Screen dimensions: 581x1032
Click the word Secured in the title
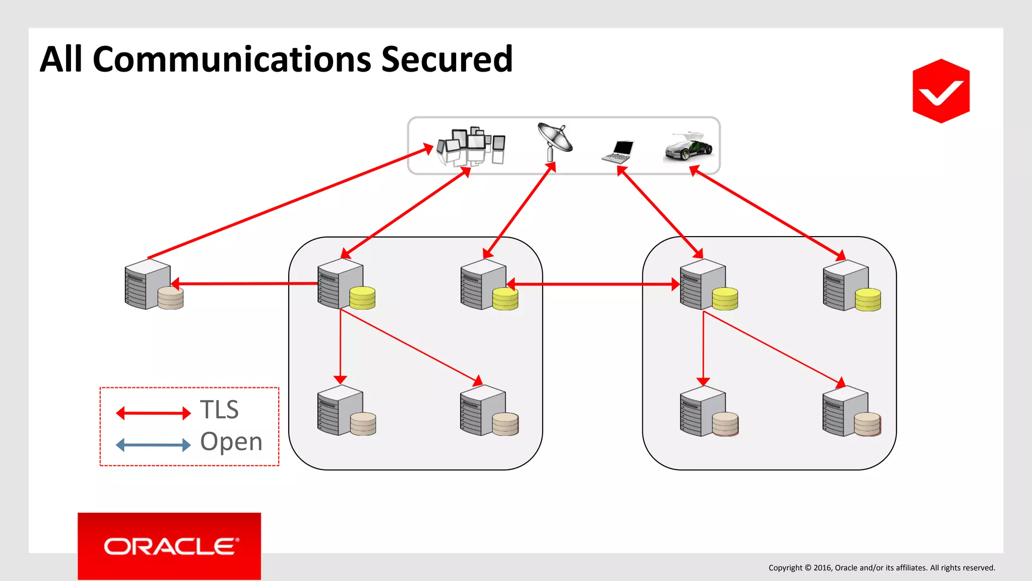[x=446, y=60]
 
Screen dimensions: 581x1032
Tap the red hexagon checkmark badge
[x=941, y=91]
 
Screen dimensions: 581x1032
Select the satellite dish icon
[x=555, y=141]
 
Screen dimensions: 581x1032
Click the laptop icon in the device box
[x=618, y=151]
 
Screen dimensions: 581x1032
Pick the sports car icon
[x=688, y=147]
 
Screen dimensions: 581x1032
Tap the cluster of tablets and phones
[x=471, y=146]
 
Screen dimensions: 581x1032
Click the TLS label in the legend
[x=219, y=410]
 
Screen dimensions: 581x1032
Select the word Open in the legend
[x=231, y=442]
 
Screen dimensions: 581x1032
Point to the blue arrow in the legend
[x=153, y=445]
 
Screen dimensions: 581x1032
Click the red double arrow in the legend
[x=153, y=414]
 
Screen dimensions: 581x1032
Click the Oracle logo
[x=169, y=546]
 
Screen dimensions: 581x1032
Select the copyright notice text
[x=881, y=568]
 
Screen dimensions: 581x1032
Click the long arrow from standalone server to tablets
[x=290, y=203]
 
